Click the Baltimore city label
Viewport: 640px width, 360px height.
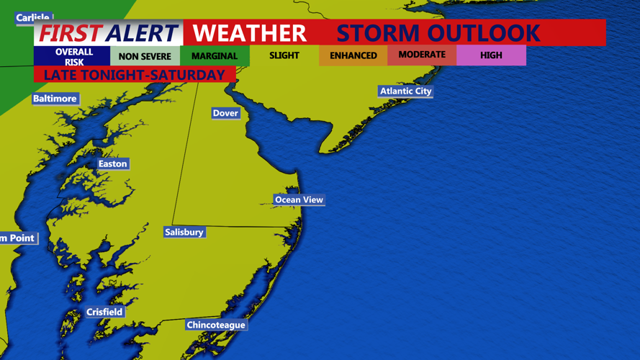click(55, 99)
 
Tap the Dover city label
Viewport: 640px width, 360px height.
click(225, 113)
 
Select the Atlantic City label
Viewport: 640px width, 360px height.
click(405, 91)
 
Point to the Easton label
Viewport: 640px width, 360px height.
click(112, 163)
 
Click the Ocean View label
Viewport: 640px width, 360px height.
click(299, 199)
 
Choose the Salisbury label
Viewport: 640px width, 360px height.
click(184, 232)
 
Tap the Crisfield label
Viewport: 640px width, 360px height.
click(104, 312)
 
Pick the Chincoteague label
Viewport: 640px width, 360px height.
click(216, 325)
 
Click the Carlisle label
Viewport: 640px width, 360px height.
click(33, 17)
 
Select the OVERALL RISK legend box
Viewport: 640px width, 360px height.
click(73, 56)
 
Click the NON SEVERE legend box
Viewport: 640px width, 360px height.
click(145, 56)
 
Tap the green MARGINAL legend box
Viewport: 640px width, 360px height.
click(215, 56)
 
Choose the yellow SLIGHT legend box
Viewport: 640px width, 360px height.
click(284, 55)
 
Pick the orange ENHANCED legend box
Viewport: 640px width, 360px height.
click(353, 55)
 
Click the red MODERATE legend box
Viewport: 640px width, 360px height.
click(422, 55)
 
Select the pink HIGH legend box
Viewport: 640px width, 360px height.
click(491, 55)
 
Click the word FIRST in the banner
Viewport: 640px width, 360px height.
click(69, 33)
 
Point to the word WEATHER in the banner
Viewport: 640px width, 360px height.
click(249, 33)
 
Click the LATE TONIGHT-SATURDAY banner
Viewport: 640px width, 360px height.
click(135, 75)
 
